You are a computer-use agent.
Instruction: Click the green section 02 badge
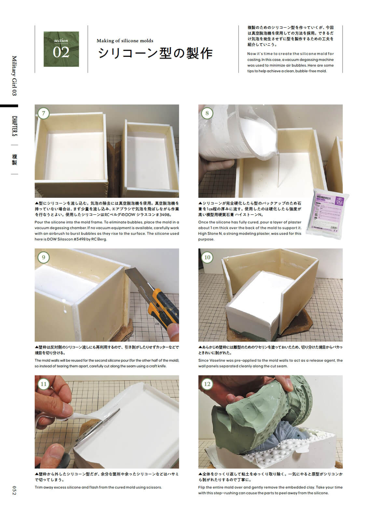point(61,49)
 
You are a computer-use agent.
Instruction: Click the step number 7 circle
point(44,113)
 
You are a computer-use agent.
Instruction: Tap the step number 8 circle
point(207,113)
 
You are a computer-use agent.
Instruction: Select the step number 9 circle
point(44,257)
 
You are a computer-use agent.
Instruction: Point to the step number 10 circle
point(207,257)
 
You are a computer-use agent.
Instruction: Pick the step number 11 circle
point(44,384)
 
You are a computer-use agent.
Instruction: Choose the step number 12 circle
point(207,384)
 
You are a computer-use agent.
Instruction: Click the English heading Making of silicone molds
point(125,41)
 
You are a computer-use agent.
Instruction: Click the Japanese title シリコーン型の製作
point(155,53)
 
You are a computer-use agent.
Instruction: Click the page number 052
point(14,490)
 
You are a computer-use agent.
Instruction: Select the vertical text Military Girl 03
point(14,75)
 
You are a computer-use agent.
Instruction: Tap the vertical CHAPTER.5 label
point(14,126)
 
